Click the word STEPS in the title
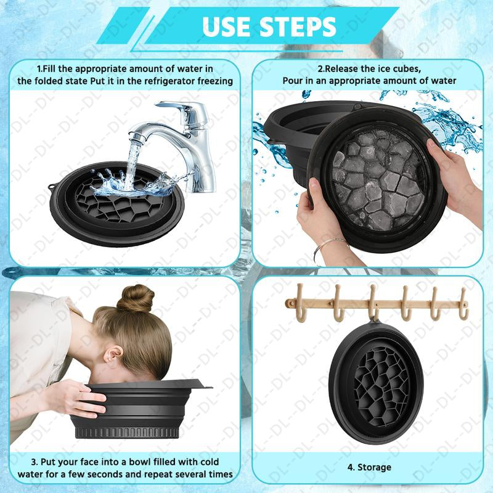tap(298, 27)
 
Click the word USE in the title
tap(227, 27)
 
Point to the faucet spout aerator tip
tap(136, 136)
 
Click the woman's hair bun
tap(136, 299)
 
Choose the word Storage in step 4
tap(374, 467)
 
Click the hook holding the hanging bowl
tap(373, 303)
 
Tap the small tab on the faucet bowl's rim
tap(51, 188)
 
